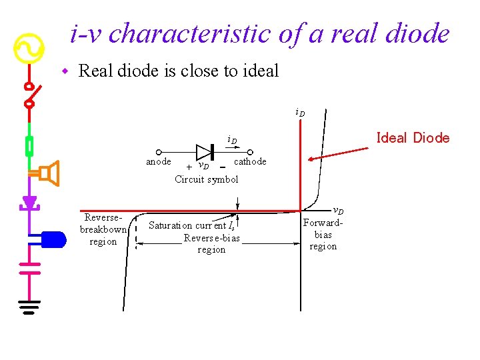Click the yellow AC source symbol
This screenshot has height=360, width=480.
coord(29,49)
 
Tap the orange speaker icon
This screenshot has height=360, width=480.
coord(49,173)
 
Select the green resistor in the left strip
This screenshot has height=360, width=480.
coord(29,146)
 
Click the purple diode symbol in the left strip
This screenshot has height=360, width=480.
coord(29,202)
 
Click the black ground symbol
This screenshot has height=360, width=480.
coord(29,306)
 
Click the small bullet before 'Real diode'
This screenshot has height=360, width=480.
coord(65,71)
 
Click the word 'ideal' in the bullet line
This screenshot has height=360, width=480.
coord(256,70)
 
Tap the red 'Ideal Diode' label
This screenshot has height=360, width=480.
coord(413,138)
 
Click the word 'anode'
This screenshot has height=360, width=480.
coord(159,161)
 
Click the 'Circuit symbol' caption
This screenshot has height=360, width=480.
coord(206,179)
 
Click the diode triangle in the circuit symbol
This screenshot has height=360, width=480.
coord(203,152)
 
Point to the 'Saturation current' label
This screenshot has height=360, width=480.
coord(191,225)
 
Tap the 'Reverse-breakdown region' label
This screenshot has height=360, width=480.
coord(103,229)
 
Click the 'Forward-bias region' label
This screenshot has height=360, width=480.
coord(323,235)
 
